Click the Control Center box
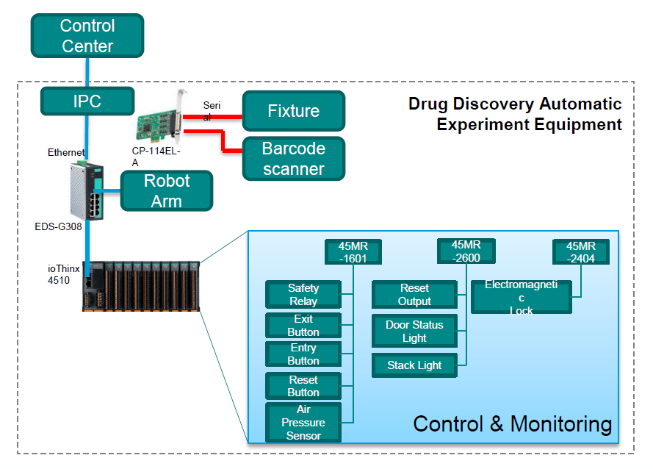(x=87, y=36)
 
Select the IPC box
(x=87, y=100)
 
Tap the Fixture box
(x=293, y=111)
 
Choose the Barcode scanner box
(x=293, y=158)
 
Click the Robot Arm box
(x=166, y=190)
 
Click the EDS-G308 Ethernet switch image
(x=87, y=189)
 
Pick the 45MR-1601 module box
(x=353, y=251)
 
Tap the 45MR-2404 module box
(x=581, y=251)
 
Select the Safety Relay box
(x=303, y=294)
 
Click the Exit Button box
(x=303, y=325)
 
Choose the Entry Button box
(x=303, y=354)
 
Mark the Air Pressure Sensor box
(x=303, y=422)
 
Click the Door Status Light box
(x=414, y=331)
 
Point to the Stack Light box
(x=414, y=365)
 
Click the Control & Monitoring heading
(x=512, y=423)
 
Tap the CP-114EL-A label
(x=151, y=157)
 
